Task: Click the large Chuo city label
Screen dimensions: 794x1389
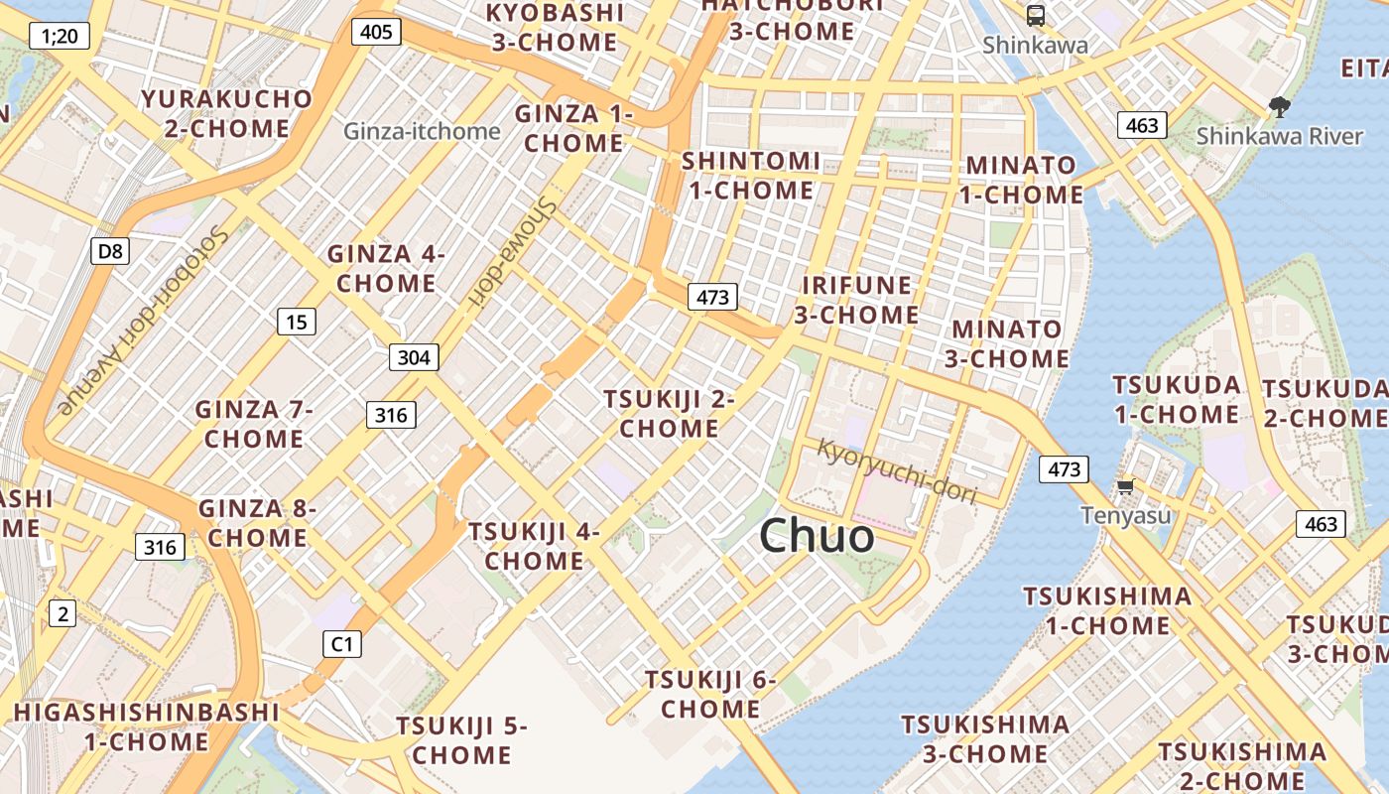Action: [x=817, y=536]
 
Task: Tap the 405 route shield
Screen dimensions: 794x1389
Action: [x=376, y=32]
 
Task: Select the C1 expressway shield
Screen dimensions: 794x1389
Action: [x=341, y=644]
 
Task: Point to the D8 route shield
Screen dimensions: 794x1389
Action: [x=110, y=251]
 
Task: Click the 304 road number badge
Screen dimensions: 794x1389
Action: [x=413, y=357]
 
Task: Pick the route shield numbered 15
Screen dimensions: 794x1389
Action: [x=296, y=321]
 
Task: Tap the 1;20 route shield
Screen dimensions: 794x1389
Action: [x=60, y=37]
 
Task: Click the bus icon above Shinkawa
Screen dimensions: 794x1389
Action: [x=1035, y=15]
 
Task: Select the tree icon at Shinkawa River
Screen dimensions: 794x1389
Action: [x=1279, y=107]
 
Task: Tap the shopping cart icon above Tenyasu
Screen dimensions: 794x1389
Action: [x=1125, y=486]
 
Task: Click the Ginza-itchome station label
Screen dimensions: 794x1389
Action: [x=422, y=131]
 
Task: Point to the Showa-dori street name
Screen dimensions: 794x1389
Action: [x=512, y=250]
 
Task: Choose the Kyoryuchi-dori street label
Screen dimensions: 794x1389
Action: [x=897, y=470]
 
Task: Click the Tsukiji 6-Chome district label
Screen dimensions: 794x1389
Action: [x=710, y=695]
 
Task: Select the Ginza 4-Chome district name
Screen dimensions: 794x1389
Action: [x=386, y=269]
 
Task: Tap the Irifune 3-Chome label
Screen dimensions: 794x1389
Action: [x=856, y=300]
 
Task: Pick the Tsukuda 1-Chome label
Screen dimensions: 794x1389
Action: [x=1177, y=399]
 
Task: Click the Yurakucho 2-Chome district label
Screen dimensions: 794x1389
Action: [x=227, y=113]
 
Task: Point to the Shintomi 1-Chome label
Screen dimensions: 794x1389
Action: [x=751, y=175]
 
